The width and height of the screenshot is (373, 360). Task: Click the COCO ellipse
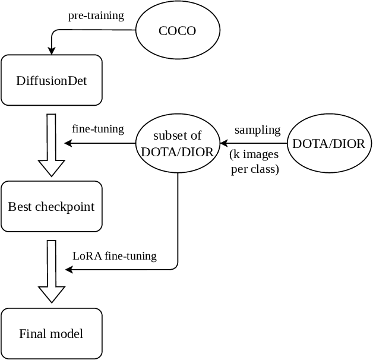pyautogui.click(x=178, y=30)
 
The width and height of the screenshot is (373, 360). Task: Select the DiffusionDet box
pyautogui.click(x=52, y=80)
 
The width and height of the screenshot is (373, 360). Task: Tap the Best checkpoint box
pyautogui.click(x=52, y=207)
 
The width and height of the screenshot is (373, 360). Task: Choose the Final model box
pyautogui.click(x=52, y=333)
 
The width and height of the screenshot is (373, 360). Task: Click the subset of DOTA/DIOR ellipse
pyautogui.click(x=178, y=143)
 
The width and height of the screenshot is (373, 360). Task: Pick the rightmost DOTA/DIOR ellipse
pyautogui.click(x=329, y=143)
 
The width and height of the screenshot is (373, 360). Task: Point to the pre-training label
pyautogui.click(x=96, y=15)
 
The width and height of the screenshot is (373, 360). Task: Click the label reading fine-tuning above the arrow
pyautogui.click(x=98, y=128)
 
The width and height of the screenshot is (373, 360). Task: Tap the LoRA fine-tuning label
pyautogui.click(x=115, y=256)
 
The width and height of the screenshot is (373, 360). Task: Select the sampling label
pyautogui.click(x=257, y=130)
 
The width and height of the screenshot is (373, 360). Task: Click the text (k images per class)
pyautogui.click(x=255, y=162)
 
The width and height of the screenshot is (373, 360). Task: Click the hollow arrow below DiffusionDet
pyautogui.click(x=52, y=145)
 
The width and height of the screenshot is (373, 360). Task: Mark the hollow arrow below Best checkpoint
pyautogui.click(x=52, y=271)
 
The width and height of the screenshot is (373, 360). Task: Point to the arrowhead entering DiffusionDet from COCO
pyautogui.click(x=52, y=52)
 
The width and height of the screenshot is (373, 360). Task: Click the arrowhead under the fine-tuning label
pyautogui.click(x=68, y=143)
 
